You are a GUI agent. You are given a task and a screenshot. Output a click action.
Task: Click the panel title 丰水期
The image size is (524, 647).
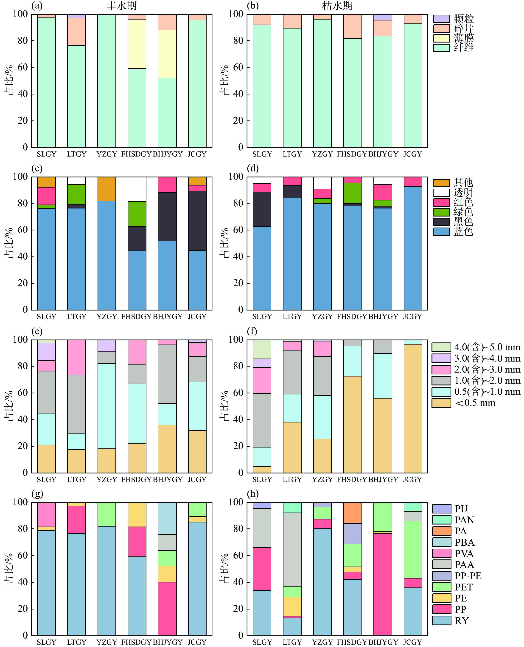click(x=122, y=6)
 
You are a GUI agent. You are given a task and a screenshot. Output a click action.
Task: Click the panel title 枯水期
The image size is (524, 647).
click(x=337, y=6)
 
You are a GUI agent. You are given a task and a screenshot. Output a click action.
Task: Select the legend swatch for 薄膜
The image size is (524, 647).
click(x=441, y=38)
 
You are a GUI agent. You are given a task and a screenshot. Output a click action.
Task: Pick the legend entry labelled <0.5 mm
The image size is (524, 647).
click(x=475, y=403)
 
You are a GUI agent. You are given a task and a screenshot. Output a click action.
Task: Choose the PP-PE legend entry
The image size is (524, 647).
click(x=468, y=576)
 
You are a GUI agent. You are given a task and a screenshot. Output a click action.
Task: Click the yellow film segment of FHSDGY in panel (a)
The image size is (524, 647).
click(x=137, y=44)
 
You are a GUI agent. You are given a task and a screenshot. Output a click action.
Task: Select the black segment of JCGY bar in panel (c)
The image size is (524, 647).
click(x=197, y=221)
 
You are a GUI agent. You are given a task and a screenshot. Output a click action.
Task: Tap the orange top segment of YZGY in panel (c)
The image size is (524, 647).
click(x=106, y=189)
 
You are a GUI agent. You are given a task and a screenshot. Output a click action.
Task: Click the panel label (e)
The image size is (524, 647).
click(x=37, y=331)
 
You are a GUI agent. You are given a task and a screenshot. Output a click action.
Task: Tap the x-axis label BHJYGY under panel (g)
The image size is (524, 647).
click(x=168, y=642)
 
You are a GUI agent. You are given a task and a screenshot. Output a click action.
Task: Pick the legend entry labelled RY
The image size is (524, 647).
click(x=461, y=621)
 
